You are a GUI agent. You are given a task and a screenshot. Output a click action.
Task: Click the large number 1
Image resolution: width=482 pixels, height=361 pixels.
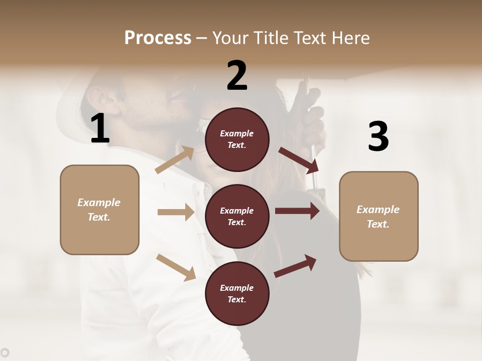100,129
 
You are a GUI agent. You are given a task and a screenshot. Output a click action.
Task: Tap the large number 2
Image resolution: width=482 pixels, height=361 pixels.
237,76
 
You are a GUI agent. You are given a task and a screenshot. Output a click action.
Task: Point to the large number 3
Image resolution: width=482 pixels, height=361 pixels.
378,137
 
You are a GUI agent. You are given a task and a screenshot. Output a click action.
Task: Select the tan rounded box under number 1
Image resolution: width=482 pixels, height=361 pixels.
99,210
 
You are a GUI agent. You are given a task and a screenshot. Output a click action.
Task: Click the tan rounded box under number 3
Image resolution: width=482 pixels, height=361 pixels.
379,217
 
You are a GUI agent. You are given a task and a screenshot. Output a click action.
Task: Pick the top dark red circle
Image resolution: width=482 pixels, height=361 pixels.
237,139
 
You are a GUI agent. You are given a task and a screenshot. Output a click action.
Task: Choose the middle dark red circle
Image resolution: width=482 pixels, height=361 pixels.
237,216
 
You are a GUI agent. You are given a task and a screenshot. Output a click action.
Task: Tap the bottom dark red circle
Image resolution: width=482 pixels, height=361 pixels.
237,293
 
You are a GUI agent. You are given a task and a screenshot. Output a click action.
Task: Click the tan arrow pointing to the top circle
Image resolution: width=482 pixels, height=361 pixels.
175,159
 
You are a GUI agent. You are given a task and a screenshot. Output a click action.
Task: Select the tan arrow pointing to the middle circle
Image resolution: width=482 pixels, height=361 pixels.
176,212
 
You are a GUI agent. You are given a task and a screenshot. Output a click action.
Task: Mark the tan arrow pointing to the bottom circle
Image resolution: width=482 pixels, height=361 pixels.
176,267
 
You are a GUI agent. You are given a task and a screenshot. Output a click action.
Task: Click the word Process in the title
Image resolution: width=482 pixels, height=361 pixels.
158,38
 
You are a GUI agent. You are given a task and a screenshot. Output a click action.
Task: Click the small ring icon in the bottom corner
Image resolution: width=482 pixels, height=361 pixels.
5,352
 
